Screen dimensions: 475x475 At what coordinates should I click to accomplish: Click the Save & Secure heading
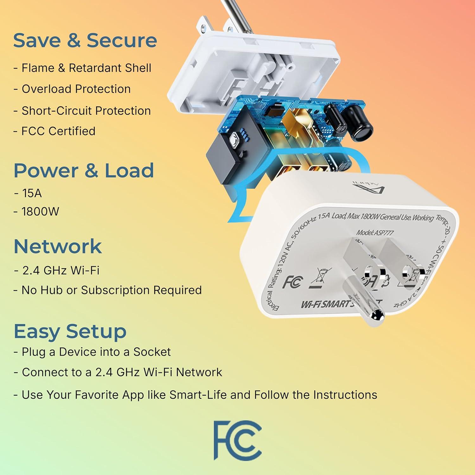pos(85,41)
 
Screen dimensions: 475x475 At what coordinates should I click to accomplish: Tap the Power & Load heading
pos(84,171)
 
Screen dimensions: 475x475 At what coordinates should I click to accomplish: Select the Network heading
pos(58,246)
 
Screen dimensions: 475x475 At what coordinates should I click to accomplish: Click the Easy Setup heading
pos(70,332)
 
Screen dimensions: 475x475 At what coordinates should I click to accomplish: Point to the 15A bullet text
pos(32,193)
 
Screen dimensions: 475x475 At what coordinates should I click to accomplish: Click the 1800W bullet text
pos(40,212)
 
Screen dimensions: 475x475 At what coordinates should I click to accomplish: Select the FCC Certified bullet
pos(58,131)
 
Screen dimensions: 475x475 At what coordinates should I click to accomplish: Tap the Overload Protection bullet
pos(76,89)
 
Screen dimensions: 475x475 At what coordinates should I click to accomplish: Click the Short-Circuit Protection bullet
pos(86,111)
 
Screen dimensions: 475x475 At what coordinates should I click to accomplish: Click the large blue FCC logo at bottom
pos(237,440)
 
